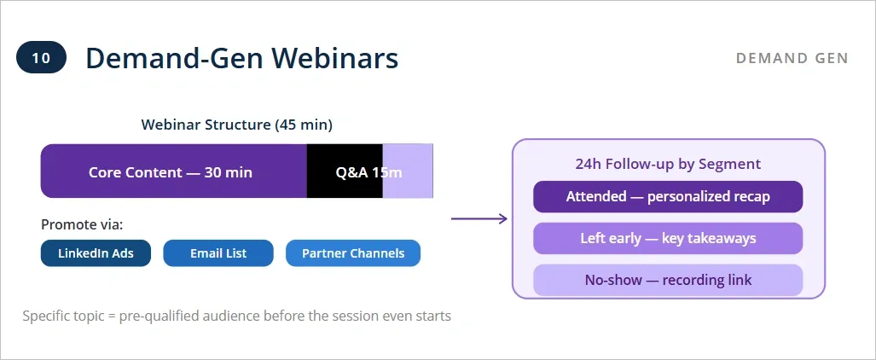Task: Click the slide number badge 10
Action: (41, 58)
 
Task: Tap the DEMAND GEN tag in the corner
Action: (792, 58)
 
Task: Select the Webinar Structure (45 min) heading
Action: (236, 125)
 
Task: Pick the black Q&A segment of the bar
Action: (345, 171)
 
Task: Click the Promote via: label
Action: (82, 225)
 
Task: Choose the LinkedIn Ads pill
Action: (96, 253)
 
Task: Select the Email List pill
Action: (218, 253)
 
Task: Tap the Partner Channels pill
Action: (353, 253)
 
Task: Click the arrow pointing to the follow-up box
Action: (479, 219)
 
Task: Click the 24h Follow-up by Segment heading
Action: (668, 164)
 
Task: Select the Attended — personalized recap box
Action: (668, 197)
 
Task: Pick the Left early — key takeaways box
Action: (668, 238)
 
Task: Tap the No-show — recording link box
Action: (668, 280)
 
